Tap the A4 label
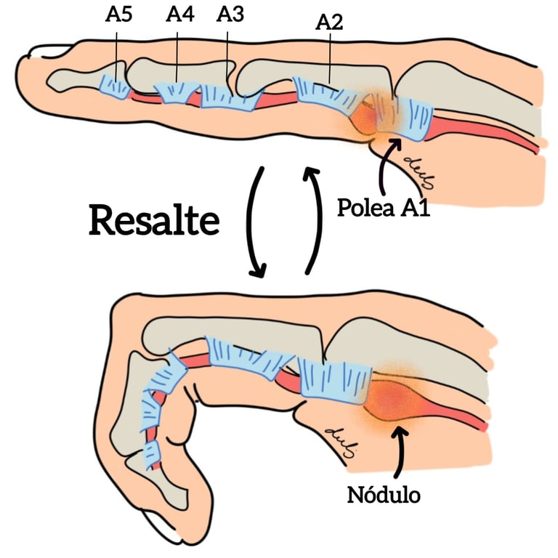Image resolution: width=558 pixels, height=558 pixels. pos(179,15)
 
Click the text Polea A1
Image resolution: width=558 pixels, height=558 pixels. pos(384,209)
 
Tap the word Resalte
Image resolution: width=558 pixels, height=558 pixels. pos(153,219)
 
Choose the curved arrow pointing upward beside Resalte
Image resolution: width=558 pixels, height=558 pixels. pos(313,218)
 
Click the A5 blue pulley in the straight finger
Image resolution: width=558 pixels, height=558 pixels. pos(115,86)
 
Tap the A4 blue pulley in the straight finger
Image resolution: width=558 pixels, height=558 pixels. pos(178,93)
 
